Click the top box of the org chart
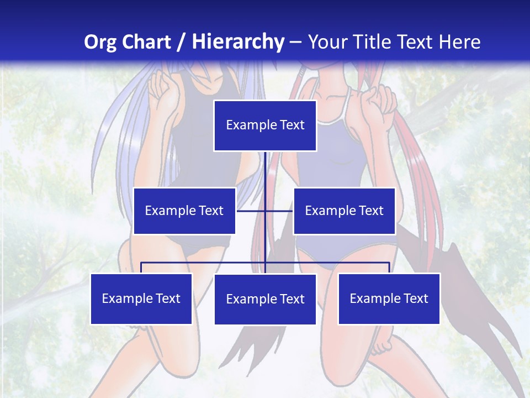click(x=265, y=125)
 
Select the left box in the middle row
click(x=184, y=211)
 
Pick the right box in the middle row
click(x=344, y=211)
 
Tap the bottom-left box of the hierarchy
click(x=141, y=298)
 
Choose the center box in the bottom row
click(x=265, y=299)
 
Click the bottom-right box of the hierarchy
click(x=389, y=298)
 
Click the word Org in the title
click(x=100, y=42)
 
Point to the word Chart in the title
click(x=146, y=42)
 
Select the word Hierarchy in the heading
click(x=237, y=42)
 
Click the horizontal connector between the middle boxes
click(x=279, y=211)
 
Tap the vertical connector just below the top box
click(x=265, y=166)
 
